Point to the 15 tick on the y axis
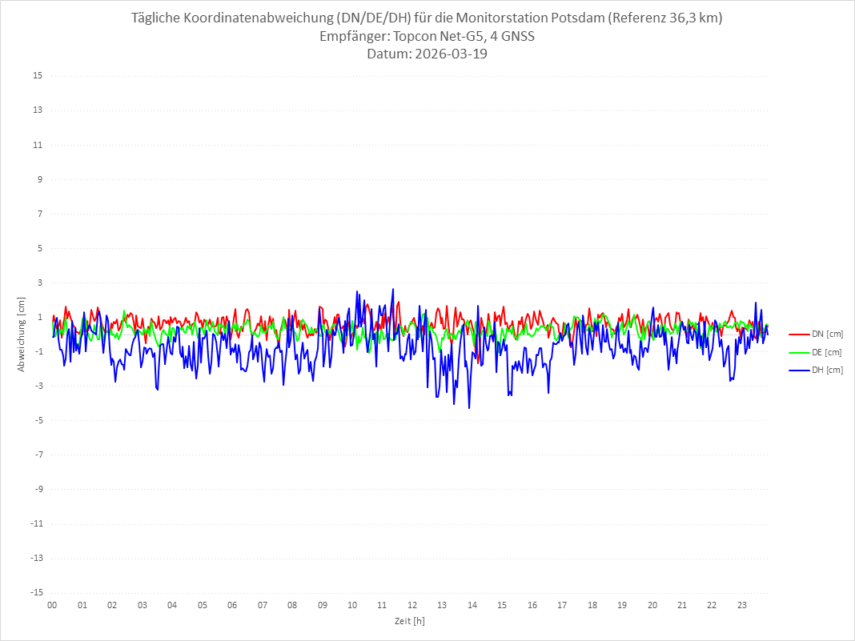pyautogui.click(x=38, y=76)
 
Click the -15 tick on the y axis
pyautogui.click(x=36, y=592)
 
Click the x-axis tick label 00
pyautogui.click(x=52, y=605)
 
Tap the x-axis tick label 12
pyautogui.click(x=412, y=605)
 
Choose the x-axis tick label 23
pyautogui.click(x=742, y=605)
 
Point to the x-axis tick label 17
pyautogui.click(x=562, y=605)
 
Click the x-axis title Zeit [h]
pyautogui.click(x=409, y=620)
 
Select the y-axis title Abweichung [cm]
pyautogui.click(x=22, y=335)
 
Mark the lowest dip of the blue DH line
pyautogui.click(x=469, y=408)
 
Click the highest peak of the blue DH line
pyautogui.click(x=393, y=289)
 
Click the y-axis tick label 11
pyautogui.click(x=38, y=145)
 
